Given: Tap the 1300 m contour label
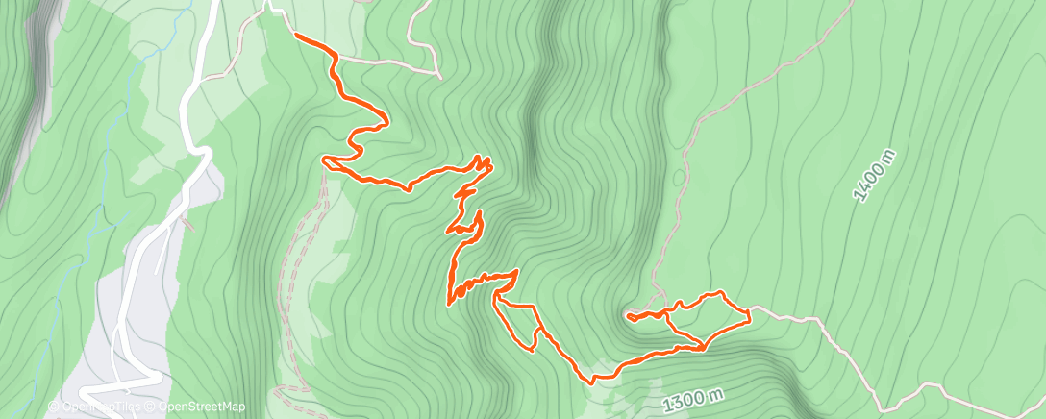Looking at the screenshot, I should pos(693,399).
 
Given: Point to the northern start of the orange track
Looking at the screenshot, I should pos(294,36).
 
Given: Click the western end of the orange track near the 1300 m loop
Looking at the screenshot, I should pos(627,314).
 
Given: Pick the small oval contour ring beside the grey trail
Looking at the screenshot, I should pos(680,178).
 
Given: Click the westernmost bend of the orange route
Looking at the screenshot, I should pos(324,161).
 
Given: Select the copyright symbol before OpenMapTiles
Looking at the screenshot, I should pos(55,407).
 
